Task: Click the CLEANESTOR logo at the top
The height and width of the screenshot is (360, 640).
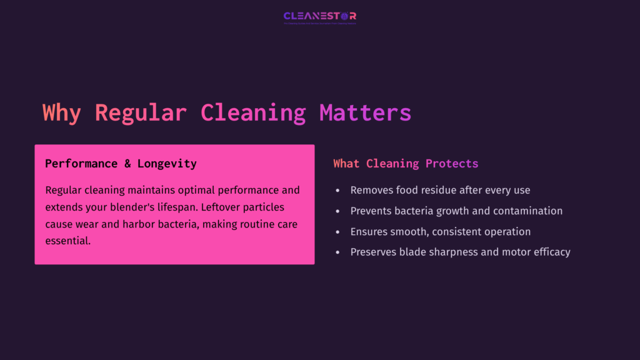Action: point(319,17)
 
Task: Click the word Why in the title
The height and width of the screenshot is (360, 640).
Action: point(61,113)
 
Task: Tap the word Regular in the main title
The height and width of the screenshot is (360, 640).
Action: point(141,113)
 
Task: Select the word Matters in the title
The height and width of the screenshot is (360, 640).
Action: point(365,113)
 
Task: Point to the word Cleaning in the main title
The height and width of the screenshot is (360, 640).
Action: point(253,113)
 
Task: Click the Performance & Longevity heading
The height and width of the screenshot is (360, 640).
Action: point(121,164)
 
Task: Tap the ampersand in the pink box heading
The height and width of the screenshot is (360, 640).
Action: point(127,164)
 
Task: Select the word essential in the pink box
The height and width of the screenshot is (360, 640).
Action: point(68,241)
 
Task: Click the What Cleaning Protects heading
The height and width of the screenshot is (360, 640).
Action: point(406,164)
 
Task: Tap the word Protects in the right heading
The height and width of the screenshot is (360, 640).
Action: point(452,164)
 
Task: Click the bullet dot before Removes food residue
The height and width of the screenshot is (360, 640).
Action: point(338,191)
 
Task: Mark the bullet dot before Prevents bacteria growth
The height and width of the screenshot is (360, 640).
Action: point(338,211)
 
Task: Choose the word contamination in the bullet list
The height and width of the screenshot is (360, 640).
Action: point(528,211)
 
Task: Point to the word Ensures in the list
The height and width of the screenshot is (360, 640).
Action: point(369,232)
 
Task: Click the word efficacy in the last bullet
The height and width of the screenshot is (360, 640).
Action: point(549,252)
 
